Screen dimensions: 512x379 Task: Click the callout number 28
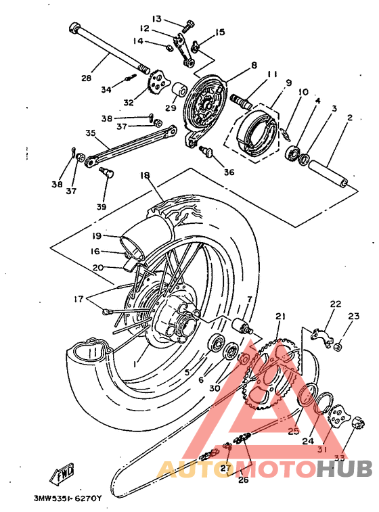87,78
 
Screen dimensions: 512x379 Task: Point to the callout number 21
281,317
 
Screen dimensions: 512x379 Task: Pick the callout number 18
145,174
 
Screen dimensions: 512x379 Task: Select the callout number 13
156,18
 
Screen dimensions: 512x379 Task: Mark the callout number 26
243,480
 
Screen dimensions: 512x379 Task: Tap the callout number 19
97,236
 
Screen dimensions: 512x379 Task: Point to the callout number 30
215,388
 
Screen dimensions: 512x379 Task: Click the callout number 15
220,32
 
